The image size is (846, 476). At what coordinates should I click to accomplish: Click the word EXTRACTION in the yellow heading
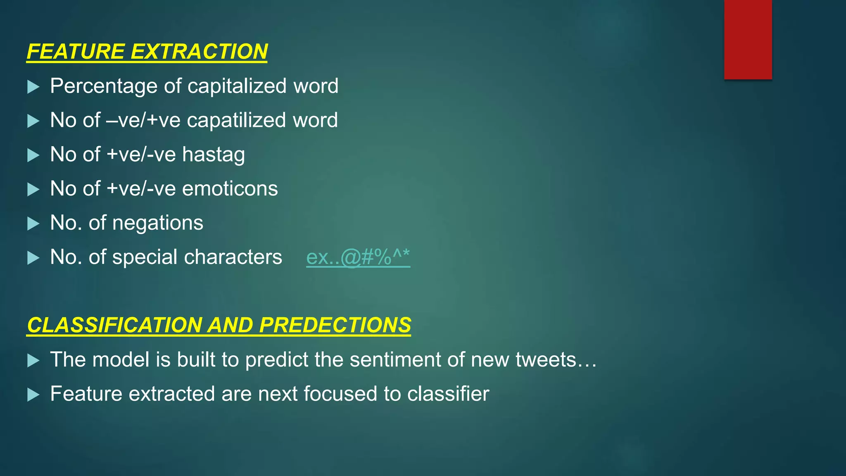click(199, 52)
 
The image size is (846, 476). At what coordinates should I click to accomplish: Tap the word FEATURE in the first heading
click(76, 52)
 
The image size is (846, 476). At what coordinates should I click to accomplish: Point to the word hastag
click(213, 155)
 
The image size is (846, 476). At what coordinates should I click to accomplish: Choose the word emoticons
click(230, 189)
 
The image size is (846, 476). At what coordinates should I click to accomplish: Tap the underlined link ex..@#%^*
click(358, 257)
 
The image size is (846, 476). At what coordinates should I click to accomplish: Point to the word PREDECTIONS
click(335, 325)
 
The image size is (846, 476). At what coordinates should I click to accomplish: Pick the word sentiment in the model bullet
click(395, 359)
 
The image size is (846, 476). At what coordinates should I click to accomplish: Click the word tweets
click(546, 359)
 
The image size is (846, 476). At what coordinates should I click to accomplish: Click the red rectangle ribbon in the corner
click(748, 39)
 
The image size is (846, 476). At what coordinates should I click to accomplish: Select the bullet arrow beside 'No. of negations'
click(33, 224)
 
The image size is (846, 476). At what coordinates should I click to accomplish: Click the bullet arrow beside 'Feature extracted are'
click(33, 395)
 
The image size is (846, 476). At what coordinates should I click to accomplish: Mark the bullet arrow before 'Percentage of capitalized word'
click(33, 87)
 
